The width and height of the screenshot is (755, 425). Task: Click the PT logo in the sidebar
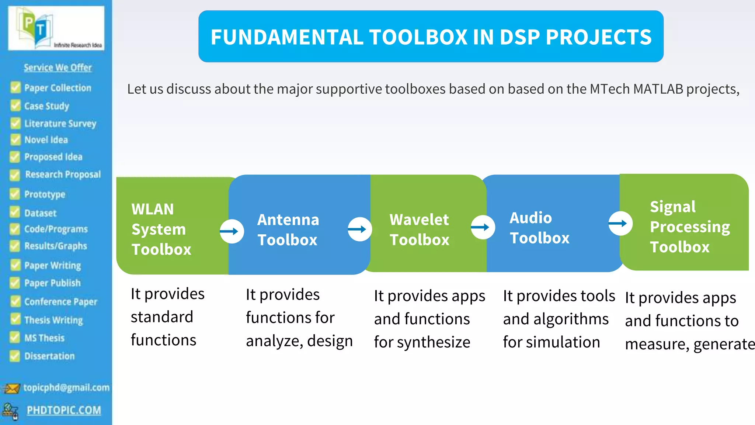pos(56,28)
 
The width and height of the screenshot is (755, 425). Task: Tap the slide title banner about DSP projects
pos(431,37)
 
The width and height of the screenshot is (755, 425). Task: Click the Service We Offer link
pos(58,68)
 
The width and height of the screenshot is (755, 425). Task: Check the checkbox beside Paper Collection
pos(15,87)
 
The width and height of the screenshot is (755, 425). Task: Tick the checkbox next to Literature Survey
pos(15,123)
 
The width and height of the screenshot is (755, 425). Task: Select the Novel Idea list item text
pos(46,140)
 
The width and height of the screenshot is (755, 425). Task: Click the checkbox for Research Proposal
pos(15,175)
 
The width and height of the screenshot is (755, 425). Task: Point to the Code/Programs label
pos(56,229)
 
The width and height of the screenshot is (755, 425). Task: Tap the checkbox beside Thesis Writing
pos(15,319)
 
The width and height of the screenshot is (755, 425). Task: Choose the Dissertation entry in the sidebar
pos(49,356)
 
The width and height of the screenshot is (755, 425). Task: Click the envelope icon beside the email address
pos(11,388)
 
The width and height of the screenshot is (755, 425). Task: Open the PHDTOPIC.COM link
pos(64,410)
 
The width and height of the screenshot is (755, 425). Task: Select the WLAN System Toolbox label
pos(161,229)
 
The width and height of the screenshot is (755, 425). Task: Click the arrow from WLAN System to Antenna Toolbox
pos(232,231)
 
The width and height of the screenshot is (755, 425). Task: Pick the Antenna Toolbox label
pos(288,229)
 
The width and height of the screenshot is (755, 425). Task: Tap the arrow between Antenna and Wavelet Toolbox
pos(359,229)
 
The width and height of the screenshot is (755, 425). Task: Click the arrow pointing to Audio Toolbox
pos(483,227)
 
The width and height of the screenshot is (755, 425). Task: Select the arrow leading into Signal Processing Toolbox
pos(620,223)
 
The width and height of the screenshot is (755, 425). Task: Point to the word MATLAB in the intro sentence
pos(658,89)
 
